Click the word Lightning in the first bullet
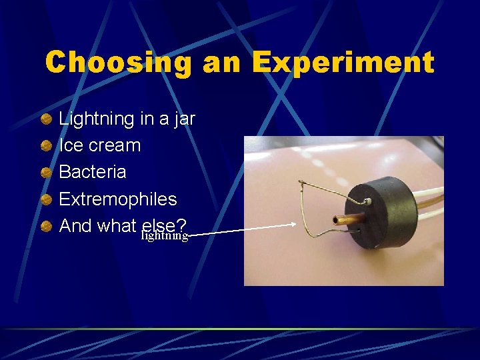[x=97, y=119]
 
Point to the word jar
[x=182, y=119]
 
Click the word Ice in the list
[x=71, y=145]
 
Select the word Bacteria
[x=93, y=172]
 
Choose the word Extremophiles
[x=118, y=199]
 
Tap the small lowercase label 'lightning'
[x=164, y=235]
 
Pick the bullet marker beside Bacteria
[x=45, y=173]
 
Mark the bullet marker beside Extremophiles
[x=45, y=199]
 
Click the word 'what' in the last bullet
[x=117, y=225]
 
